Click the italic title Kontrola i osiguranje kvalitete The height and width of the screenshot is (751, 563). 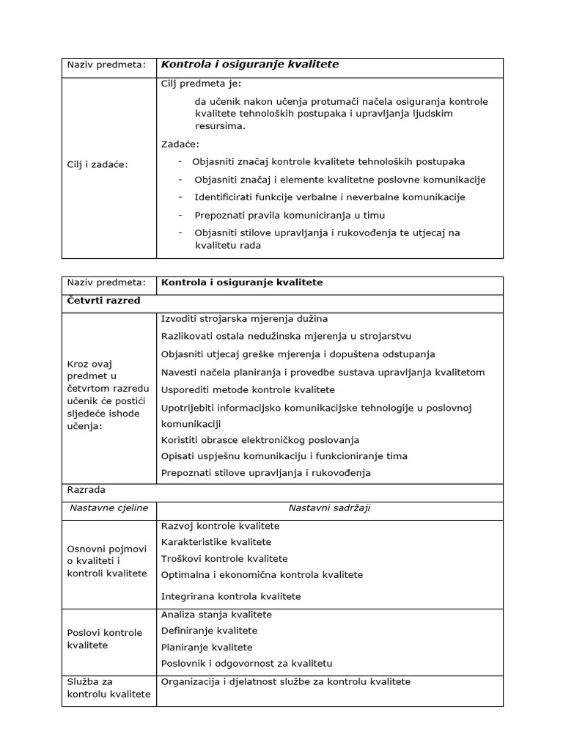pos(249,65)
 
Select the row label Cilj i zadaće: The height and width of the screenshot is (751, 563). pos(97,164)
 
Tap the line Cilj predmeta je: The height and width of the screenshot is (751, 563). pos(201,84)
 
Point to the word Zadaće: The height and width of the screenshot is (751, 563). pos(180,144)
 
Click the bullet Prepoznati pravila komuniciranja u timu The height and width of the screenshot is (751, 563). pos(289,215)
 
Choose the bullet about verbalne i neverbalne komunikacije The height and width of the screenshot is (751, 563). pos(329,197)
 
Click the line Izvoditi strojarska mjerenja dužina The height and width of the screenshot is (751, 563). pos(244,319)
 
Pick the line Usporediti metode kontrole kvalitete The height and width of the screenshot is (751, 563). pos(248,389)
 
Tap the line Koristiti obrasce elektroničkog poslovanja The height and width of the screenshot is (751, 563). pos(260,440)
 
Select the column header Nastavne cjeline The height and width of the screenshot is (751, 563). pos(108,508)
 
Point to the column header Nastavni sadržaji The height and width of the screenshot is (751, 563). pos(329,508)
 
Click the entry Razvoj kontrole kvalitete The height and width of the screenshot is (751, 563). pos(220,526)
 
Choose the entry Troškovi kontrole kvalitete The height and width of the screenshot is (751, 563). pos(224,559)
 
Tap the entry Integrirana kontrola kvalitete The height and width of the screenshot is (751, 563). pos(231,596)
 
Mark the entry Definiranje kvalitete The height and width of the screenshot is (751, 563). pos(209,631)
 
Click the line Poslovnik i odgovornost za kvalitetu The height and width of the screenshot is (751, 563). pos(246,664)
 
